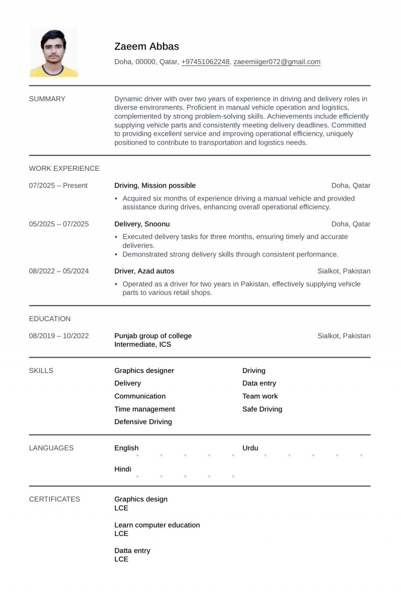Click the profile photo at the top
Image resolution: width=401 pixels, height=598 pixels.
pos(54,52)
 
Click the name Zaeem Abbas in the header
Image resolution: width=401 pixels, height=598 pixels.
pos(146,46)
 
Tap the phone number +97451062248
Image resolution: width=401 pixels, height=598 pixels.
pos(205,62)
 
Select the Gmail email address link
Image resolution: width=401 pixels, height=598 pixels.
pos(277,62)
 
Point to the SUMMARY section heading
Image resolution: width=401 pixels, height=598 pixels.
pos(47,99)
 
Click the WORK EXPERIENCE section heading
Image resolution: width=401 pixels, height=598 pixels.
pos(64,168)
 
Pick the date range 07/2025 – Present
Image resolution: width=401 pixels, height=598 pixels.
pos(58,185)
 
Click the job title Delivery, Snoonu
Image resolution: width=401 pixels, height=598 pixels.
pos(142,224)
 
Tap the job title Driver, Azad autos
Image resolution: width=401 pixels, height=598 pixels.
pos(144,271)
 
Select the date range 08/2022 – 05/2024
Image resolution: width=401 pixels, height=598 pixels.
pos(58,271)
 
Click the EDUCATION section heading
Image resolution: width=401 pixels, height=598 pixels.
pos(50,319)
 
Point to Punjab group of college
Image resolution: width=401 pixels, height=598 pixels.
pos(153,336)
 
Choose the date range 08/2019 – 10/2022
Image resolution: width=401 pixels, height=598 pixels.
pos(58,336)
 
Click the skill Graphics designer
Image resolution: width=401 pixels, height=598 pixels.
pos(144,370)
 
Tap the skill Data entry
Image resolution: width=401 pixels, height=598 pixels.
pos(259,383)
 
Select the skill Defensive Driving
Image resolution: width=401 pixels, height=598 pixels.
pos(143,421)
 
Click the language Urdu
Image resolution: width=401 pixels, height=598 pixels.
pos(250,448)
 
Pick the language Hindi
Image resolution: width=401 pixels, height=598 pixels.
pos(123,469)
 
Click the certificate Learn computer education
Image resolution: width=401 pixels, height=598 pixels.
pos(157,525)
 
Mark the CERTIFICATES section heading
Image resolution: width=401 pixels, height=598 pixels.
pos(54,499)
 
